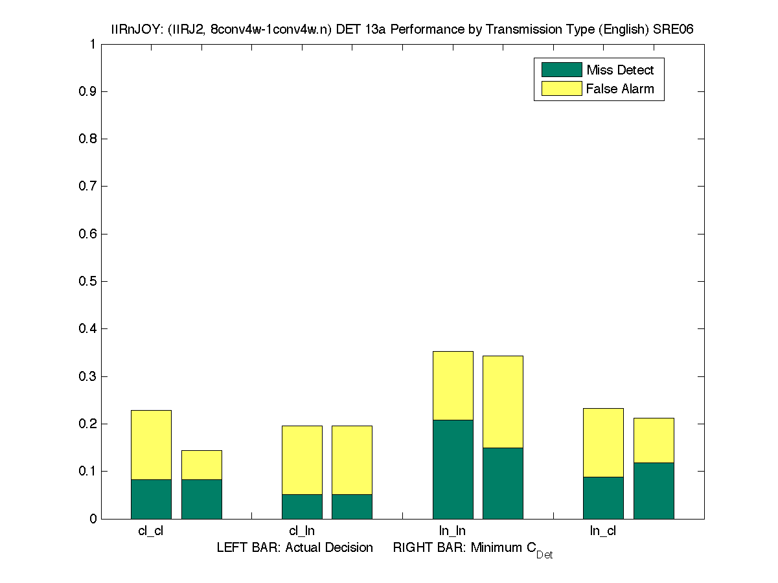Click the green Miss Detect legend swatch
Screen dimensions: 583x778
coord(561,70)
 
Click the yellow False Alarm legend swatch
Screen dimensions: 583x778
coord(561,89)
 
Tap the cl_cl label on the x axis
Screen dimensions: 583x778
coord(151,531)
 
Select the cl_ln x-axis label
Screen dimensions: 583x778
coord(302,531)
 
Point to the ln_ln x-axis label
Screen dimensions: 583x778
coord(452,531)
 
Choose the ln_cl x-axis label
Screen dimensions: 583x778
coord(603,531)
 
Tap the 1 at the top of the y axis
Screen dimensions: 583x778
coord(93,44)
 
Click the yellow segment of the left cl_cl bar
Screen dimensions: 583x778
coord(151,444)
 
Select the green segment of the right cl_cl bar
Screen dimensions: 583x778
coord(201,499)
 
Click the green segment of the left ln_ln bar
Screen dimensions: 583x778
coord(453,469)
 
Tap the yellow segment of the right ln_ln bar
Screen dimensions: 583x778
coord(503,402)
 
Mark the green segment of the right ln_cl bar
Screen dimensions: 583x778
coord(654,490)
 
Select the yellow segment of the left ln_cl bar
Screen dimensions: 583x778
coord(603,442)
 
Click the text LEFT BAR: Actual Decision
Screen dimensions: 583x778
coord(295,548)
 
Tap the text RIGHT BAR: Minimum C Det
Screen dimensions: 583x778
coord(472,549)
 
